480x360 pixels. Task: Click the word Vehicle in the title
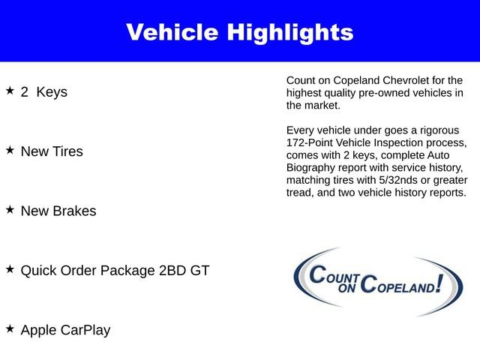[x=173, y=32]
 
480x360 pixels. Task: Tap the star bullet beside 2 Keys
[x=10, y=91]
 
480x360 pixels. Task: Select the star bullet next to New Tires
[x=10, y=150]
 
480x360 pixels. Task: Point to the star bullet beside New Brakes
[x=10, y=210]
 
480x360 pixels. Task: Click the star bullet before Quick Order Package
[x=10, y=268]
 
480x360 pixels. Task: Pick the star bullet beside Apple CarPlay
[x=10, y=328]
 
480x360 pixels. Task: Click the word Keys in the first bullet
[x=50, y=92]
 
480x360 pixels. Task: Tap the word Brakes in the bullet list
[x=73, y=211]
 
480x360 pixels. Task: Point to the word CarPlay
[x=85, y=330]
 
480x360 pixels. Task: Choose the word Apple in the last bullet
[x=37, y=330]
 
